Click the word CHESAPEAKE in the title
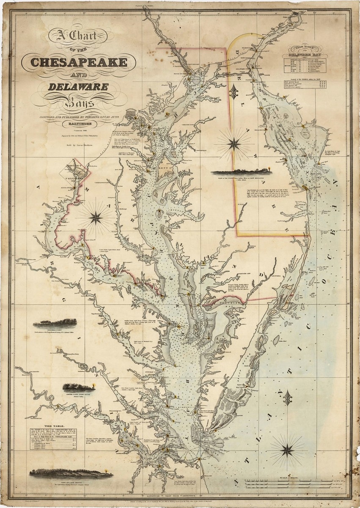pos(79,62)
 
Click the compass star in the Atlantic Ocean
pos(287,450)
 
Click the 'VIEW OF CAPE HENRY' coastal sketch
pos(71,473)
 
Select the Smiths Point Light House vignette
pos(76,387)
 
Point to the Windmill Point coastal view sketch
pos(55,324)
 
